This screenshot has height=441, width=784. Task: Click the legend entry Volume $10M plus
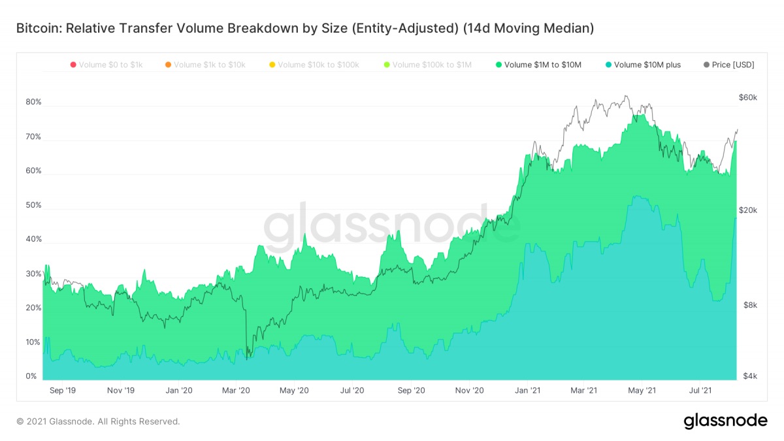tap(644, 65)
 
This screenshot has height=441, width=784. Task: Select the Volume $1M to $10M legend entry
tap(538, 65)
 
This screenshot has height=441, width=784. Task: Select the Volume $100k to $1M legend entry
tap(427, 65)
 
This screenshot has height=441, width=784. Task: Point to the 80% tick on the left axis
tap(33, 102)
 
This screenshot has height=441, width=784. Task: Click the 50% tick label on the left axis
tap(33, 205)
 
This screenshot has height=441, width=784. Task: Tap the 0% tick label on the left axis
tap(31, 376)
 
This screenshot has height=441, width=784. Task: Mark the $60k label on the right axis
tap(748, 97)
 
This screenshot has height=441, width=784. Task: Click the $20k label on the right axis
tap(748, 210)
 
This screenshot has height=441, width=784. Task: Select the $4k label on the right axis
tap(749, 376)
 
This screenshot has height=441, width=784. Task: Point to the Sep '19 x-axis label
tap(63, 391)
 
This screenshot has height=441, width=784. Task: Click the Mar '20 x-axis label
tap(237, 391)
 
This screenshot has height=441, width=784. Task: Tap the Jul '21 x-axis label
tap(701, 391)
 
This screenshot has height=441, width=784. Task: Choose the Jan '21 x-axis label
tap(527, 391)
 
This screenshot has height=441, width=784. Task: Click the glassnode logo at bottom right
tap(725, 421)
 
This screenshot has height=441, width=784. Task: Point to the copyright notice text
tap(98, 421)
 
